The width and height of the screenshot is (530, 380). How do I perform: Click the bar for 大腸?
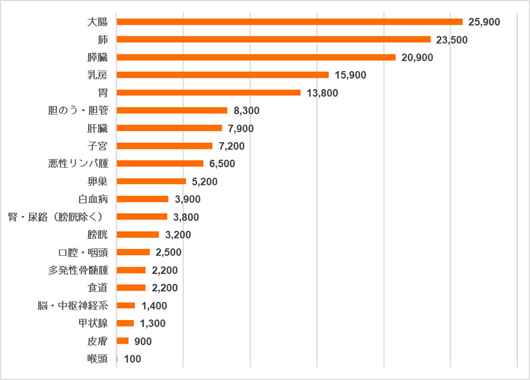coord(290,22)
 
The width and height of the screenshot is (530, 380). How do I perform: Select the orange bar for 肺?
coord(274,39)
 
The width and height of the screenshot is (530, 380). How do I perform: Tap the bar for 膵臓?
coord(256,58)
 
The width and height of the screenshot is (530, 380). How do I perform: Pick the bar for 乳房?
coord(223,75)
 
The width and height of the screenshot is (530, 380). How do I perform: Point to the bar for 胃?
coord(208,92)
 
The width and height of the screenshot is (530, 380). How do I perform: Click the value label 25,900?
coord(484,22)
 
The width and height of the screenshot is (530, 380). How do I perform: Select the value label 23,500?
coord(452,40)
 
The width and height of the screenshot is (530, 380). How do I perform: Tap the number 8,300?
coord(246,111)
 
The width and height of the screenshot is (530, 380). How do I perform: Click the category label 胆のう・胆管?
coord(78,111)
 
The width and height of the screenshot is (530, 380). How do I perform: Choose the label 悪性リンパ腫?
coord(78,164)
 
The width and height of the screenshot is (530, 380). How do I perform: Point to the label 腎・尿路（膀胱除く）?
coord(55,217)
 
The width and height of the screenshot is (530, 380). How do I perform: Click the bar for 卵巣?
coord(151,181)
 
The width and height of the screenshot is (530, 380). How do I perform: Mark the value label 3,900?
coord(188,199)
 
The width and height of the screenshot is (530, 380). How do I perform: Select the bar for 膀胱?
coord(138,235)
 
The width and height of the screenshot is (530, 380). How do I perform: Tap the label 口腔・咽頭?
coord(83,252)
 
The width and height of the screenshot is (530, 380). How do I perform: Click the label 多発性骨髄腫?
coord(78,270)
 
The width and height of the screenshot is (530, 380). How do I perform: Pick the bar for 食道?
coord(131,288)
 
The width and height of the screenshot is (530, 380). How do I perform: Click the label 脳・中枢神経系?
coord(73,306)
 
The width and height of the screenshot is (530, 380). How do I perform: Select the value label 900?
coord(143,341)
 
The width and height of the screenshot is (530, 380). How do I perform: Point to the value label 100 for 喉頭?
coord(132,359)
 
